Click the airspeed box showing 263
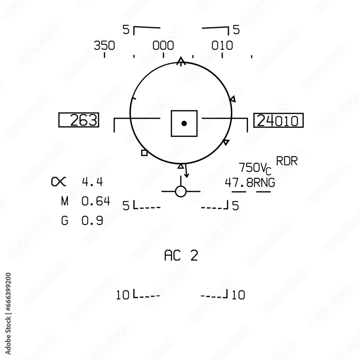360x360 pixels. (x=79, y=120)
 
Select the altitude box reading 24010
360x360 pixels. (x=278, y=121)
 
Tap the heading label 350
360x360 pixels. (x=104, y=46)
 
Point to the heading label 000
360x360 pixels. (x=163, y=46)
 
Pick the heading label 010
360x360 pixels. (x=222, y=46)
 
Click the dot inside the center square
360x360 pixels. (x=184, y=123)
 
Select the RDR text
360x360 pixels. (x=287, y=161)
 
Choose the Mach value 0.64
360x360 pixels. (x=96, y=201)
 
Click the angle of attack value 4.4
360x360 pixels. (x=93, y=182)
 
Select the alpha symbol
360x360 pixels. (x=59, y=182)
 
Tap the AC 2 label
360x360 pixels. (x=181, y=256)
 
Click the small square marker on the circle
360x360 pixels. (x=144, y=153)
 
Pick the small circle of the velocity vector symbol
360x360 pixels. (x=180, y=192)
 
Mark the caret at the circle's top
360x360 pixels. (x=181, y=61)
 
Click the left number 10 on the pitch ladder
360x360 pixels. (x=123, y=295)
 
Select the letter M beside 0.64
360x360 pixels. (x=64, y=201)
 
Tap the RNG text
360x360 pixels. (x=264, y=183)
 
